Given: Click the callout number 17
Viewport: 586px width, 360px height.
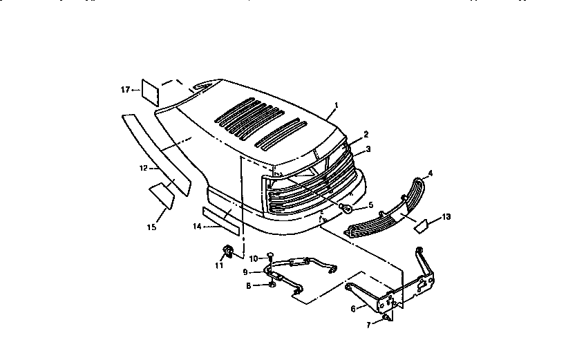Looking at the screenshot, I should click(125, 90).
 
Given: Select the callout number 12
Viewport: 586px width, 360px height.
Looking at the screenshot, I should click(143, 168).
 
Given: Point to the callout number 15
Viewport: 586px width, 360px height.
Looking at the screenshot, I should click(152, 227).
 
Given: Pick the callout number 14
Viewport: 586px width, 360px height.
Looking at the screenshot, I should click(197, 226).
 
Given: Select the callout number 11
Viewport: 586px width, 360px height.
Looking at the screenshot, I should click(219, 265).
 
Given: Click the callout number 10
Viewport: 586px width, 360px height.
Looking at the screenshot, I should click(253, 258).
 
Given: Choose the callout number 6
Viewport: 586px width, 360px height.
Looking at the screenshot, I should click(353, 309).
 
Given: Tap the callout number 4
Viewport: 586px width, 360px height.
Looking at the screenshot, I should click(430, 173).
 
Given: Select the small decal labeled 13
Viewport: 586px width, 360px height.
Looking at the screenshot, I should click(422, 224).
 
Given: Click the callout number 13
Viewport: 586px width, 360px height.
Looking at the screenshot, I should click(446, 217).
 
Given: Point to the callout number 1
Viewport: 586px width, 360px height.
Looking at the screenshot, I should click(336, 106).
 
